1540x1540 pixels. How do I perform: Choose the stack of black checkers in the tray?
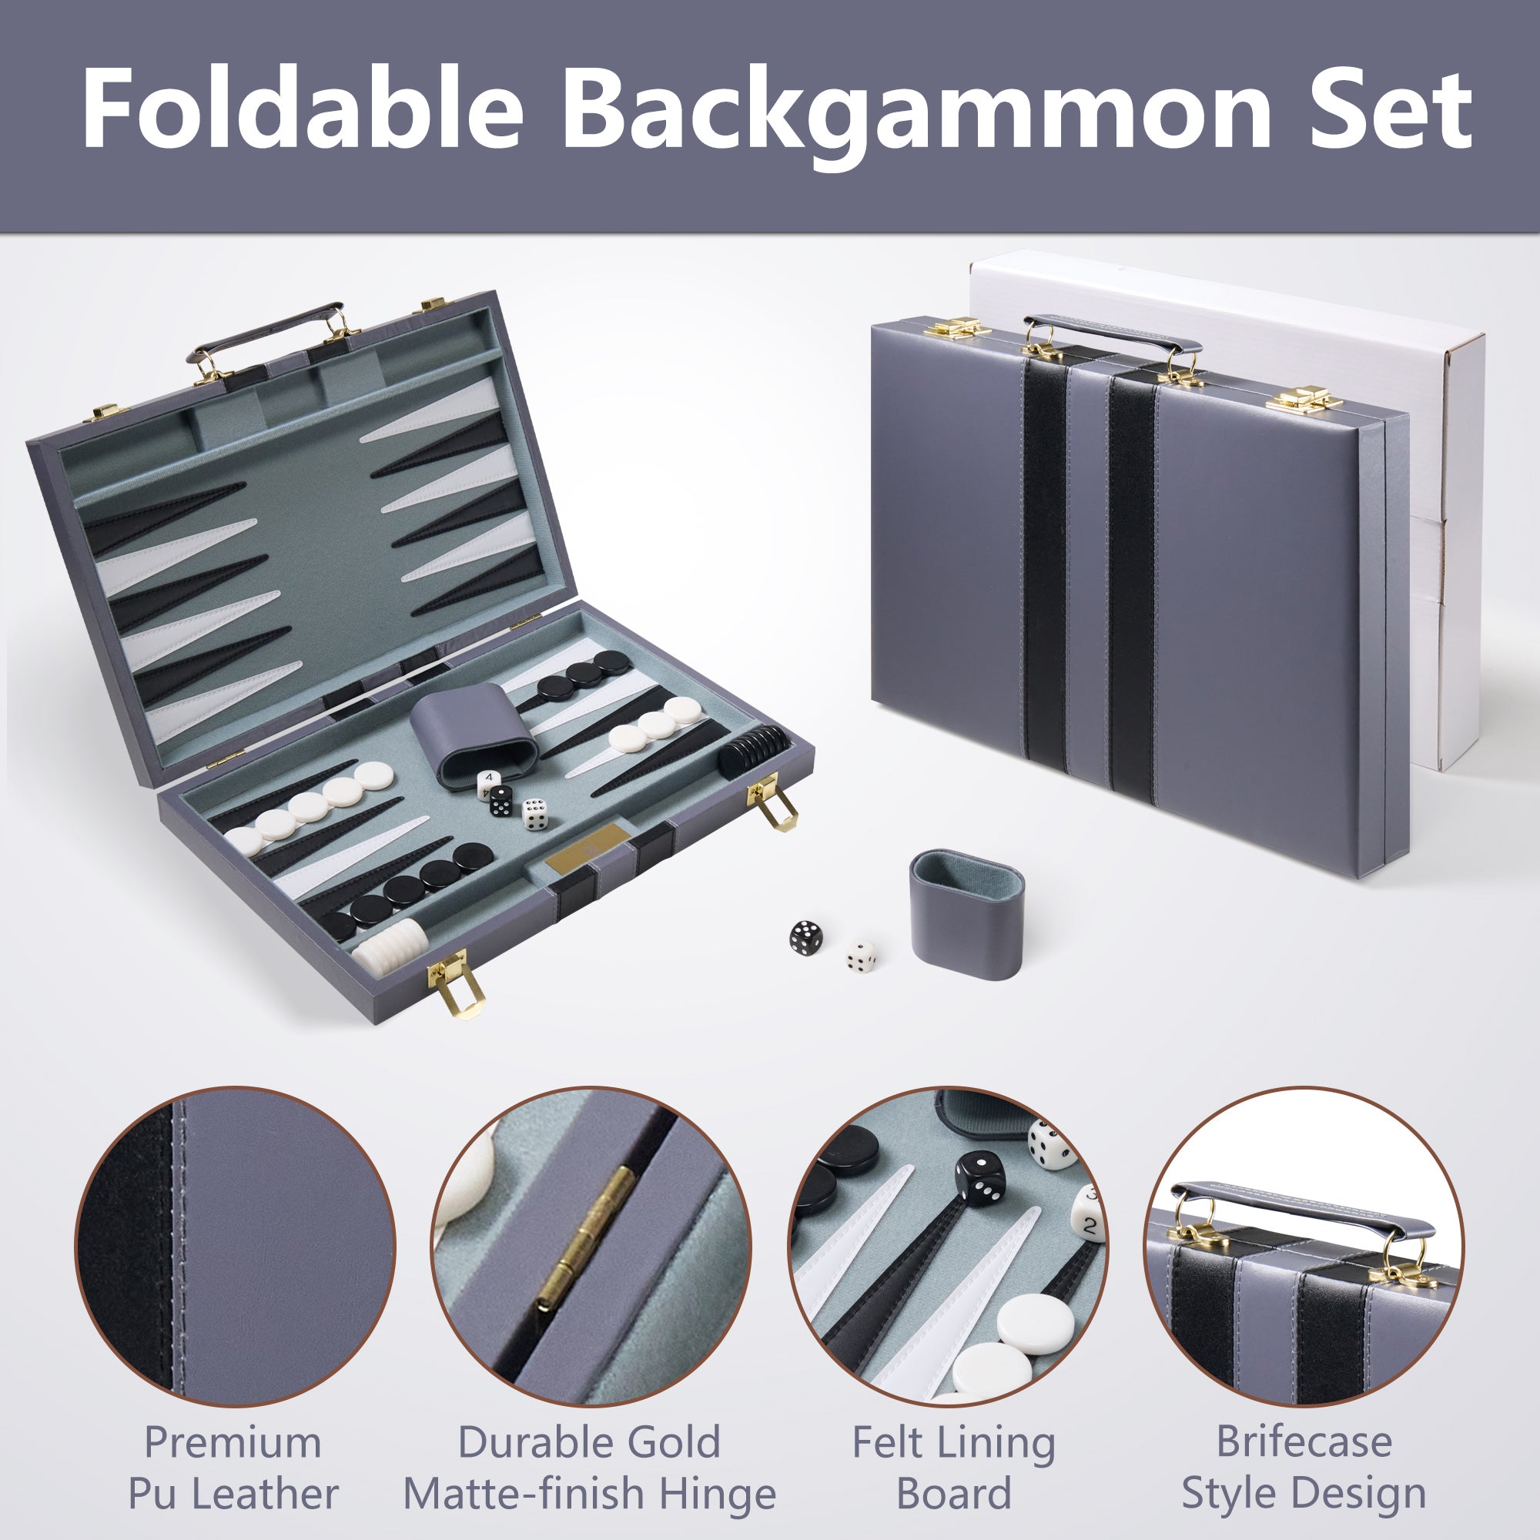pos(753,749)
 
